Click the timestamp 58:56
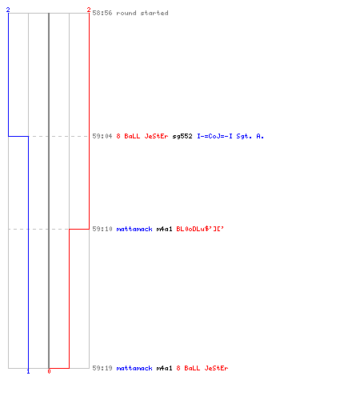click(x=102, y=13)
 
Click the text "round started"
click(x=142, y=13)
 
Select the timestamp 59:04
click(x=102, y=136)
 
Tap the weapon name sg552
click(x=182, y=136)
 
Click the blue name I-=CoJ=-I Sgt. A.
click(x=230, y=136)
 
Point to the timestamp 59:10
click(x=102, y=229)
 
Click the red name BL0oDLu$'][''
click(x=200, y=229)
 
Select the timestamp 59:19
click(x=102, y=368)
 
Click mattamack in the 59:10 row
click(x=134, y=229)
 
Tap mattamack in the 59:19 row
click(x=134, y=368)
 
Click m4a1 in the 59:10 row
click(x=164, y=229)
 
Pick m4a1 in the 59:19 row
click(x=164, y=368)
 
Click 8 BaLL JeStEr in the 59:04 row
click(x=142, y=136)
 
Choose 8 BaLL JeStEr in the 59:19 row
click(x=202, y=368)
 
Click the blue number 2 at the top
click(x=8, y=10)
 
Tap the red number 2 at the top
click(x=89, y=10)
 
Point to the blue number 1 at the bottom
click(x=28, y=371)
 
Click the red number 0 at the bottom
click(x=49, y=371)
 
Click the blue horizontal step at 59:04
click(x=18, y=136)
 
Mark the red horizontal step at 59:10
click(x=79, y=229)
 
